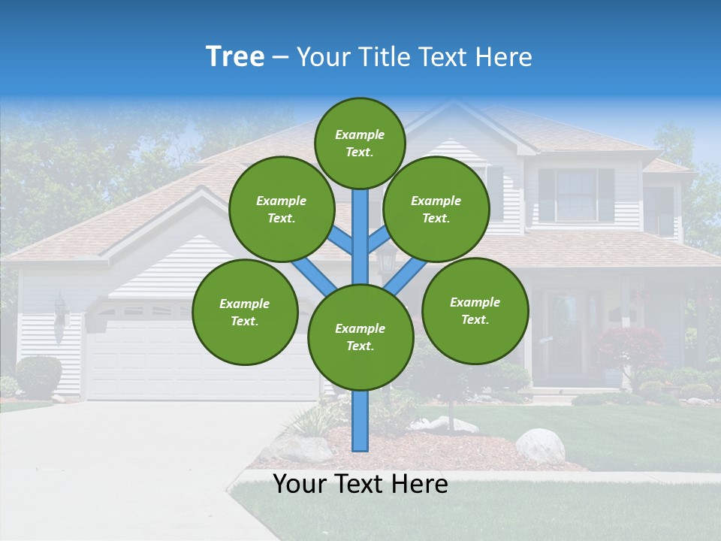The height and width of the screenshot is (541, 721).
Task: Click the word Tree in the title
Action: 235,57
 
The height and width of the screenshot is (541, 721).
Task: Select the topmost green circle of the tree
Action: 360,143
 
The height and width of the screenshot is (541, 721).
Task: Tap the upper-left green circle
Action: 281,209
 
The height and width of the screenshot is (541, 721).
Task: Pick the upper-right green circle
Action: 436,209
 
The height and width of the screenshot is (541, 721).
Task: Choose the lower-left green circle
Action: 245,312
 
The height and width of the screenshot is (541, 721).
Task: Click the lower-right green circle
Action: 475,310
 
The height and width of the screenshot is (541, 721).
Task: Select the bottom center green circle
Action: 360,337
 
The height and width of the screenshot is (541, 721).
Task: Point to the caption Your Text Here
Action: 360,484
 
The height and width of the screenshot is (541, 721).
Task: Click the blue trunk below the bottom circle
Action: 360,421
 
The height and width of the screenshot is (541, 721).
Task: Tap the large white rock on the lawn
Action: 540,446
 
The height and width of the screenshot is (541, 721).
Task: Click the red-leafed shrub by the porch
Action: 631,347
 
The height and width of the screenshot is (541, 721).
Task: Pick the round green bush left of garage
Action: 38,376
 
